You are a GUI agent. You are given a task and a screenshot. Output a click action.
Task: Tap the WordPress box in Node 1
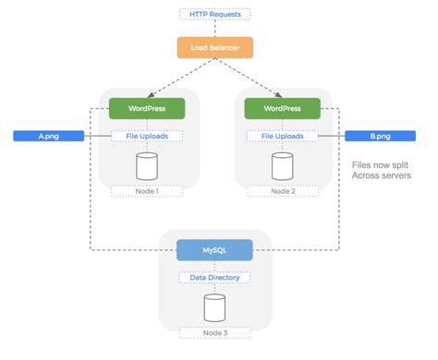pyautogui.click(x=148, y=108)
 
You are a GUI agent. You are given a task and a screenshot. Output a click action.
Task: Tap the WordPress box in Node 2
pyautogui.click(x=283, y=108)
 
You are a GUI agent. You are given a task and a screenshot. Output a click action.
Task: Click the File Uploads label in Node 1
pyautogui.click(x=148, y=137)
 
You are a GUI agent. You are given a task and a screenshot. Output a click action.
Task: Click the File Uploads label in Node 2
pyautogui.click(x=283, y=137)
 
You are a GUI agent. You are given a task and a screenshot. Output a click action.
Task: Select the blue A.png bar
pyautogui.click(x=49, y=137)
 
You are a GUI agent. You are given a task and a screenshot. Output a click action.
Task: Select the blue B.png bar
pyautogui.click(x=381, y=137)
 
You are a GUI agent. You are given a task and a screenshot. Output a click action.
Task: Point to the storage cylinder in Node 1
pyautogui.click(x=148, y=166)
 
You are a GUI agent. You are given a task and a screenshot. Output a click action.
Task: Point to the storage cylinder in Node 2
pyautogui.click(x=283, y=166)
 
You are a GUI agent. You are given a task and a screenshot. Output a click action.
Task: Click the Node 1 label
pyautogui.click(x=148, y=192)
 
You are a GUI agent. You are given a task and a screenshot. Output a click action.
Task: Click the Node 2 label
pyautogui.click(x=283, y=192)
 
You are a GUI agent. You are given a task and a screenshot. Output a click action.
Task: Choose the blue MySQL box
pyautogui.click(x=215, y=250)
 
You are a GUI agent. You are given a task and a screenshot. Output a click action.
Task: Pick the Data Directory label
pyautogui.click(x=215, y=277)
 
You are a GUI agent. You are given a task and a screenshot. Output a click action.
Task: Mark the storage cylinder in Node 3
pyautogui.click(x=215, y=306)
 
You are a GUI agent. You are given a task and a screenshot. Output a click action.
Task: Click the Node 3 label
pyautogui.click(x=215, y=334)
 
